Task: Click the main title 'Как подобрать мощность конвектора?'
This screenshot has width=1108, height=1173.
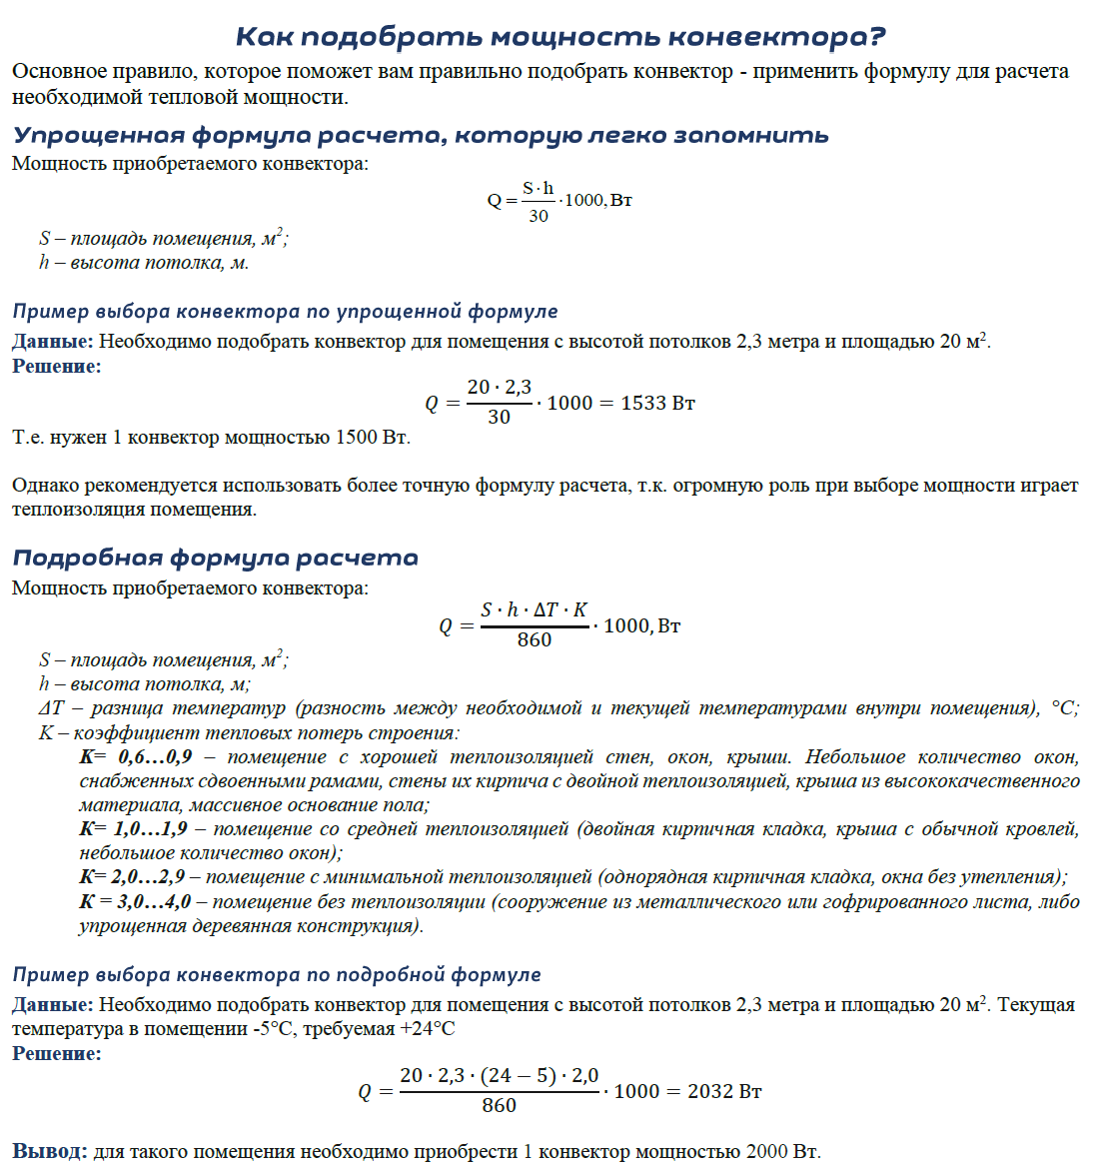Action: tap(560, 37)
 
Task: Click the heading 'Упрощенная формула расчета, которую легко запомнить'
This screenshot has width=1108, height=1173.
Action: tap(421, 135)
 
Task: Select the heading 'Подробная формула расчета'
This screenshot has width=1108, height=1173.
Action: tap(215, 558)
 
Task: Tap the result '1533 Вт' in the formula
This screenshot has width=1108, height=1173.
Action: tap(657, 403)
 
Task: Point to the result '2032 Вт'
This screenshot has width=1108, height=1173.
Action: tap(724, 1091)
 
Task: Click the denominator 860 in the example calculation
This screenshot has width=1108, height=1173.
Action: tap(499, 1106)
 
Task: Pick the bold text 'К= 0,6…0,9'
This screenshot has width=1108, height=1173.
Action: tap(136, 756)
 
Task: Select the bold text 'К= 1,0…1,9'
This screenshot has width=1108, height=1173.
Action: tap(133, 828)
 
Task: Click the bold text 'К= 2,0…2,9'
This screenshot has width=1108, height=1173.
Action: tap(132, 876)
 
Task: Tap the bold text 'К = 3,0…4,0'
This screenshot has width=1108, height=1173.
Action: tap(135, 901)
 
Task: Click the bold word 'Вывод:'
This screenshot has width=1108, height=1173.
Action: tap(50, 1151)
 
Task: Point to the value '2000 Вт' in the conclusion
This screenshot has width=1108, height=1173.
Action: tap(782, 1151)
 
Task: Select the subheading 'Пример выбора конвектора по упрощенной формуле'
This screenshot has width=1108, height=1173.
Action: tap(285, 311)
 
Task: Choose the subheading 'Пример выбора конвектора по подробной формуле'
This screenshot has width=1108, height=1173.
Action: tap(277, 974)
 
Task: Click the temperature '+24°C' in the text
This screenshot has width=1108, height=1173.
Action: tap(427, 1028)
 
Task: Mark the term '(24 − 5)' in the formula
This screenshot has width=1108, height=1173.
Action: tap(518, 1076)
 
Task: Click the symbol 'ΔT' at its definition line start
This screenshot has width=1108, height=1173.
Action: tap(52, 708)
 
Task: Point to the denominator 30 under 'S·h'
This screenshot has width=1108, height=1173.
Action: tap(538, 216)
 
